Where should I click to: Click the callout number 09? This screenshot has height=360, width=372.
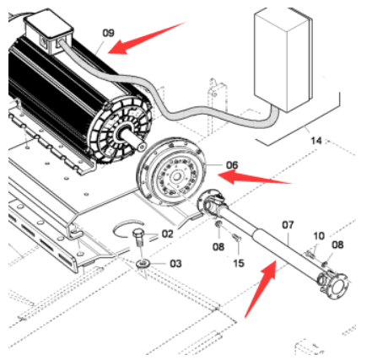[108, 33]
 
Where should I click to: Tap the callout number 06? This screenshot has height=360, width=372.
[232, 164]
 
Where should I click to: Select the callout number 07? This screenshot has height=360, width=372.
[288, 225]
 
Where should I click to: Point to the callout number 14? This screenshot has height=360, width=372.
[316, 141]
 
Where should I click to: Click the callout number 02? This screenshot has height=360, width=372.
[167, 234]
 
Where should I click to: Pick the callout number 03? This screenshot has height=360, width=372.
[175, 264]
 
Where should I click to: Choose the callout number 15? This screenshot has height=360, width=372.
[239, 263]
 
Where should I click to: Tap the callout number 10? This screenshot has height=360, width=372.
[319, 236]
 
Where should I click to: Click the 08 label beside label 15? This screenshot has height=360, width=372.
[218, 247]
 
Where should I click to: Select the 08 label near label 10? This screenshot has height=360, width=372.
[337, 244]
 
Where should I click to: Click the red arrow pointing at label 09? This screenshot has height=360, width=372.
[146, 38]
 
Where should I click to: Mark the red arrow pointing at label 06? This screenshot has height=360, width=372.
[255, 178]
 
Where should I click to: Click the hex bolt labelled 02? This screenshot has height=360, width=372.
[138, 237]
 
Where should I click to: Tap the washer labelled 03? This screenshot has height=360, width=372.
[143, 264]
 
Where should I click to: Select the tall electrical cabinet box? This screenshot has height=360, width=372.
[283, 59]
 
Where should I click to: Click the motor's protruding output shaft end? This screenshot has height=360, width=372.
[142, 147]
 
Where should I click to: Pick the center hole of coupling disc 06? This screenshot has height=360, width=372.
[176, 177]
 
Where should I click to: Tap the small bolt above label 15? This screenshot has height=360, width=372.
[236, 238]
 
